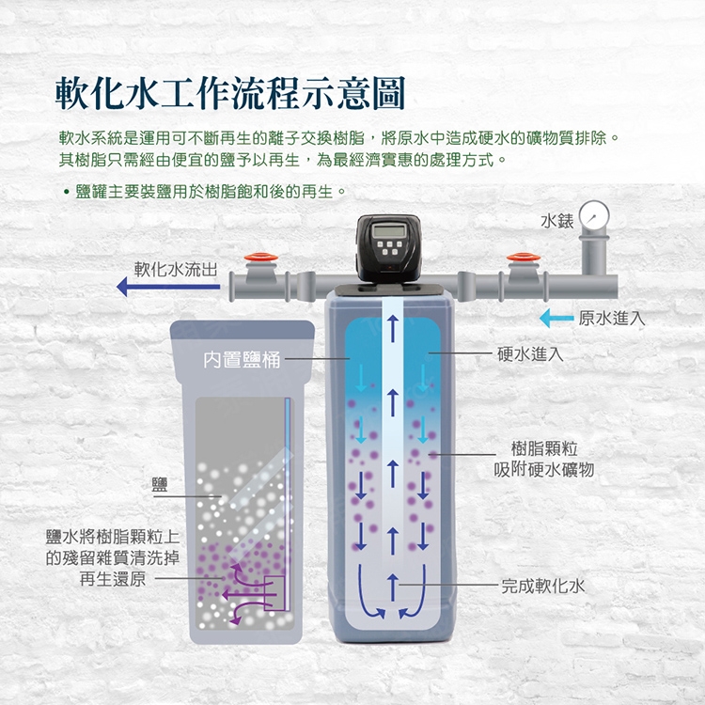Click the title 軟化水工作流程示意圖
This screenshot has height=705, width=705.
(x=229, y=94)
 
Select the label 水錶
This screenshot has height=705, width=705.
(x=556, y=222)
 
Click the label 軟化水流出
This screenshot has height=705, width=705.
(x=175, y=269)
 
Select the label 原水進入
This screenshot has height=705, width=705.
(x=611, y=319)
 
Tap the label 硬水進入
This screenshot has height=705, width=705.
(x=530, y=353)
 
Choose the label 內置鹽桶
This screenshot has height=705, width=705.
(x=243, y=360)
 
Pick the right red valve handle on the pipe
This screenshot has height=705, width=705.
(x=518, y=257)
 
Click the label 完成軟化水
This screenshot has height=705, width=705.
(x=543, y=586)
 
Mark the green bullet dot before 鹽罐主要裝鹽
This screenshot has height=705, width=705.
(x=66, y=193)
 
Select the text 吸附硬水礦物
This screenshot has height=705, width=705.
(x=543, y=469)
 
